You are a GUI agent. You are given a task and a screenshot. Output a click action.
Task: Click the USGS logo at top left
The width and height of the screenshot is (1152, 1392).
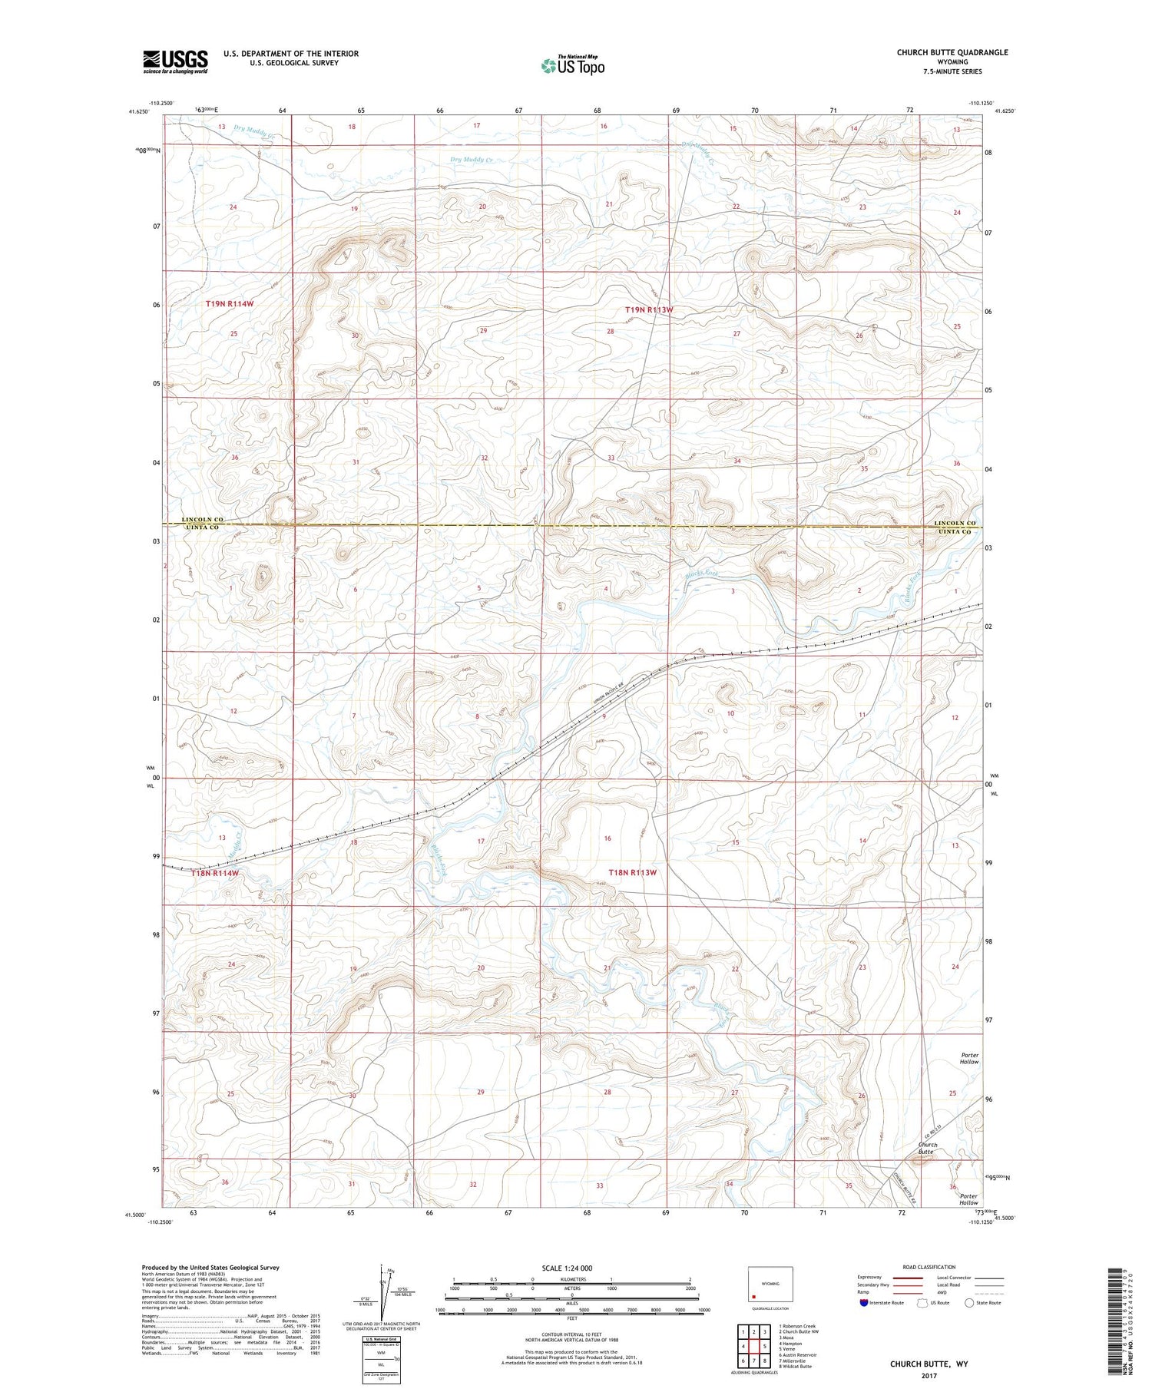pyautogui.click(x=175, y=61)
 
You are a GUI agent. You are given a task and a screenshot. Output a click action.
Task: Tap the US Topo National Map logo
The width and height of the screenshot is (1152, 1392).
pyautogui.click(x=572, y=65)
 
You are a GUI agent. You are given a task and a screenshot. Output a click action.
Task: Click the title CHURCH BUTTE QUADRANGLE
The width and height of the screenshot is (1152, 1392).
pyautogui.click(x=952, y=52)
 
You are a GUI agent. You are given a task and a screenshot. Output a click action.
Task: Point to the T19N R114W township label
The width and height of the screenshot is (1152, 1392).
pyautogui.click(x=230, y=304)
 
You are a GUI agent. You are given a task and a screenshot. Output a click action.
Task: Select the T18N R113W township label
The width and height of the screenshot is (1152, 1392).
pyautogui.click(x=633, y=873)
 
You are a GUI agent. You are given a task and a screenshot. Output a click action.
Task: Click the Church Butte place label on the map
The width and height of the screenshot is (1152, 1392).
pyautogui.click(x=927, y=1149)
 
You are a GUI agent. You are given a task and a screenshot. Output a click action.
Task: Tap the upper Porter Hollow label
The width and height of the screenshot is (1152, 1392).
pyautogui.click(x=969, y=1059)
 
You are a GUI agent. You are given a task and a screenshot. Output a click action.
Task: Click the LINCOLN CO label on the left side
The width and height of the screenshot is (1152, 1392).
pyautogui.click(x=203, y=520)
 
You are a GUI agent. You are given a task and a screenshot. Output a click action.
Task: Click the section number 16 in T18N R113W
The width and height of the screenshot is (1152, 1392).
pyautogui.click(x=607, y=838)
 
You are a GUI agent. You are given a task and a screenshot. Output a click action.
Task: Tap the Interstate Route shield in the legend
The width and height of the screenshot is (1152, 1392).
pyautogui.click(x=864, y=1303)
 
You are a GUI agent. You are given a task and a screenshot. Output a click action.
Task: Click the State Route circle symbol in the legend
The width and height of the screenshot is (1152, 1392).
pyautogui.click(x=970, y=1303)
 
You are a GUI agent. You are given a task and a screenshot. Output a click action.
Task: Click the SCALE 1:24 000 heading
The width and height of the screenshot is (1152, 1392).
pyautogui.click(x=568, y=1268)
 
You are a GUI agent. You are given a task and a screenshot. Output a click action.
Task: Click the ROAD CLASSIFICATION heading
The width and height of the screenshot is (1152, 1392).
pyautogui.click(x=929, y=1267)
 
